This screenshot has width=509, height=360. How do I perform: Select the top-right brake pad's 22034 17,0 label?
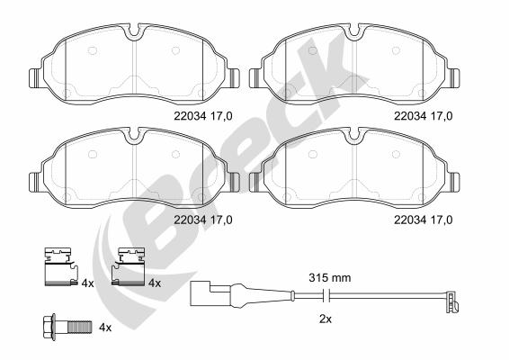424,116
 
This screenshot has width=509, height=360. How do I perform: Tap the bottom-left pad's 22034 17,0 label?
203,220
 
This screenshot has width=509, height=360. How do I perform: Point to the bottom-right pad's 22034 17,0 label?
424,220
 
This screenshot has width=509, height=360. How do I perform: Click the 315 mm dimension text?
330,278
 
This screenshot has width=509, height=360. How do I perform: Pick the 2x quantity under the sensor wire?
326,319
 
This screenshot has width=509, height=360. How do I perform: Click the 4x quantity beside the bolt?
105,328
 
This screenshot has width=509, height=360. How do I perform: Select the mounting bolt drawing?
67,327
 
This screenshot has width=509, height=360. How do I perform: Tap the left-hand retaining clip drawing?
61,266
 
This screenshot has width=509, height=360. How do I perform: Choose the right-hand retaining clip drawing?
129,266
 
